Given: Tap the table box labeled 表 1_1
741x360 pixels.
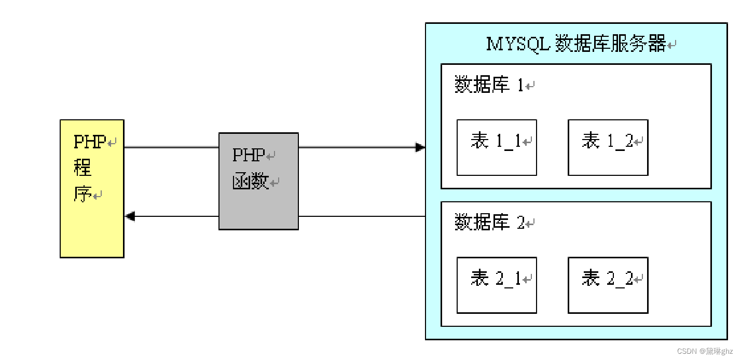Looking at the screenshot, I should point(497,148).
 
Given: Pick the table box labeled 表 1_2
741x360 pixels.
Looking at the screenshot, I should point(608,148).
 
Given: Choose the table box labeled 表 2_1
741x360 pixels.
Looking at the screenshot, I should point(497,285).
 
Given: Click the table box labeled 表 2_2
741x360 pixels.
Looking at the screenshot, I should point(608,285).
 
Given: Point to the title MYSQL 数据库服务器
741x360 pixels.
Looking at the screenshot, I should point(576,44).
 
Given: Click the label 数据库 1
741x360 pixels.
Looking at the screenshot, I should point(490,85).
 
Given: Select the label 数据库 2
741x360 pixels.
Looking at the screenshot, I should point(490,223).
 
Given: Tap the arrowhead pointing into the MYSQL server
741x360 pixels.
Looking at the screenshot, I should point(420,147).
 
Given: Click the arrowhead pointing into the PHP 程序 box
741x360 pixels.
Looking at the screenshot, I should point(130,216).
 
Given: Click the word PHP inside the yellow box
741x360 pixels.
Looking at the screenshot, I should point(90,142).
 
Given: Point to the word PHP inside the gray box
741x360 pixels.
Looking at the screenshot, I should point(249,155).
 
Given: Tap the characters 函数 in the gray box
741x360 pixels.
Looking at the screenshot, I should point(250,182).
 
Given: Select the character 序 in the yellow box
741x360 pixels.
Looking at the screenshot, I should point(83,195).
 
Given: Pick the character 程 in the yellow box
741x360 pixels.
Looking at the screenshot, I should point(83,168).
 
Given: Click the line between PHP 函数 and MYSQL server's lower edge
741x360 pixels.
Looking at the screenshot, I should point(362,216).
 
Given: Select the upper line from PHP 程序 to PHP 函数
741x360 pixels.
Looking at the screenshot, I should point(171,147).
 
